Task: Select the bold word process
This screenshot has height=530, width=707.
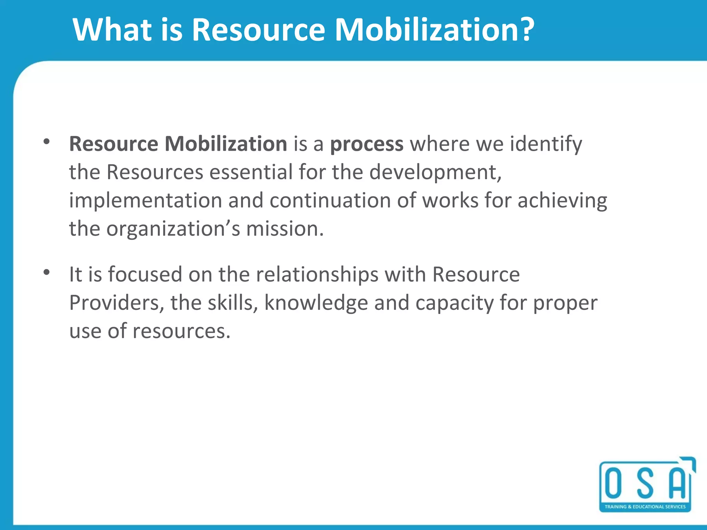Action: (367, 144)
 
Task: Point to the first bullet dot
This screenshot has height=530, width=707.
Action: (47, 141)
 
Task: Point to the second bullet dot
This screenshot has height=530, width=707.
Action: (47, 273)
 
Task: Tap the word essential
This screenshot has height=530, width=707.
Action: (251, 172)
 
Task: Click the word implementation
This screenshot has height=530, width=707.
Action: (145, 201)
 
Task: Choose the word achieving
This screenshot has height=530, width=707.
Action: (562, 201)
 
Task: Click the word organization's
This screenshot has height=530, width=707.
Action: (173, 229)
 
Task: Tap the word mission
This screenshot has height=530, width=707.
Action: (285, 229)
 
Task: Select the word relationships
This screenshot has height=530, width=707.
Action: (317, 275)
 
